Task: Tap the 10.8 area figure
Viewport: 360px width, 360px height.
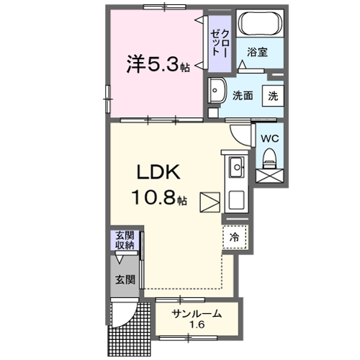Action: click(x=154, y=197)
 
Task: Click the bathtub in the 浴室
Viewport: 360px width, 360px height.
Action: click(x=259, y=25)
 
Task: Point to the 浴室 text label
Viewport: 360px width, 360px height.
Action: click(x=258, y=52)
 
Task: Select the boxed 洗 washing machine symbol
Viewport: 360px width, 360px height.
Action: click(x=273, y=94)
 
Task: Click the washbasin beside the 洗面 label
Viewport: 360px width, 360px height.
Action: click(x=217, y=93)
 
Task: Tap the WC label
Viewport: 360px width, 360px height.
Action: click(x=269, y=138)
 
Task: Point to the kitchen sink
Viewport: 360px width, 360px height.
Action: click(x=235, y=170)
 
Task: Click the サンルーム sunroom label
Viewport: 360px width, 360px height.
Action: click(x=197, y=314)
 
